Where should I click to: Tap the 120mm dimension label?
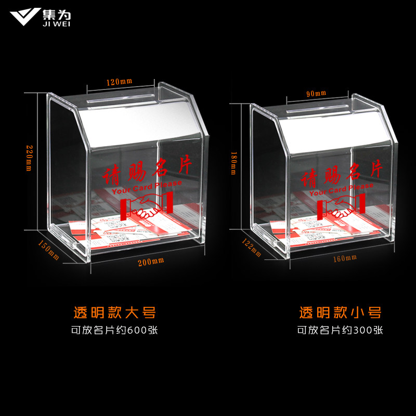pos(120,82)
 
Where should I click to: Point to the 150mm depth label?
pos(49,250)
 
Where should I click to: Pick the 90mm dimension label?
pos(316,94)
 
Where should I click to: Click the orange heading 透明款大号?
pos(114,313)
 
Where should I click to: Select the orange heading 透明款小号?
pos(340,313)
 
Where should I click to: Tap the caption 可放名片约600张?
pos(114,330)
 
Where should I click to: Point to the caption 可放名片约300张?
pos(340,330)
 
